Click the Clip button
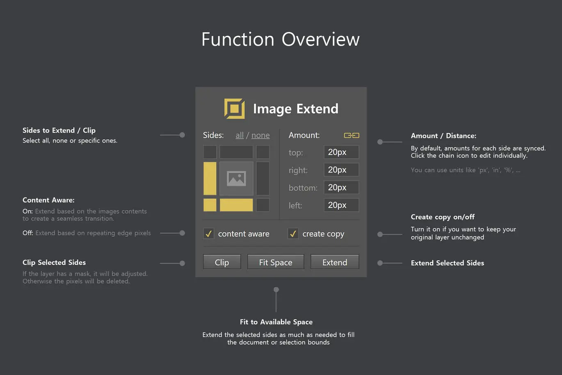click(222, 262)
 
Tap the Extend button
click(335, 262)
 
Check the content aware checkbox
click(208, 234)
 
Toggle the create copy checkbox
click(293, 234)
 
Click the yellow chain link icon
click(352, 136)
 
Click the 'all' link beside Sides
click(240, 135)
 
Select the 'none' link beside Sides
click(260, 135)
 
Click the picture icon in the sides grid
click(236, 179)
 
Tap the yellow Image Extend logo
click(234, 108)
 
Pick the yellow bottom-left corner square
click(210, 205)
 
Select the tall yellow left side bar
click(210, 178)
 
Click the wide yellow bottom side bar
click(236, 205)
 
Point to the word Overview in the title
click(321, 39)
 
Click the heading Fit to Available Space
click(276, 322)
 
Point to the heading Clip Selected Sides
click(54, 262)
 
